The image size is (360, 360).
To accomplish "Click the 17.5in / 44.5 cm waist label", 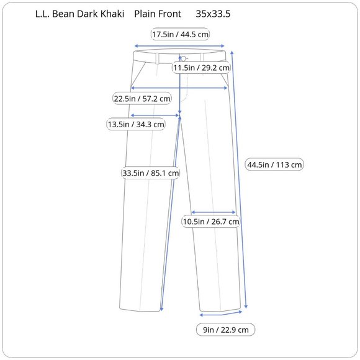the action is pos(180,34).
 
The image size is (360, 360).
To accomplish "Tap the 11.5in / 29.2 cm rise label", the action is pos(201,68).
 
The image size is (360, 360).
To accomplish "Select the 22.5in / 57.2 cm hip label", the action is pos(142,99).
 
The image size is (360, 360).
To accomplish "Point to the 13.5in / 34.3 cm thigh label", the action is pos(136,124).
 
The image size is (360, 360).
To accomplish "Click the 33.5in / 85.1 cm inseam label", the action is pos(151,173).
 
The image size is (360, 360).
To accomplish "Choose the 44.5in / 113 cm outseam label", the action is pos(274,164).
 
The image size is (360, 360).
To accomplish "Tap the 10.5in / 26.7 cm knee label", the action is pos(211,222).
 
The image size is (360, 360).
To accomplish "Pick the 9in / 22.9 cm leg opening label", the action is pos(226,330).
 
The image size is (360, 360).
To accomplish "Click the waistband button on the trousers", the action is pos(184,59).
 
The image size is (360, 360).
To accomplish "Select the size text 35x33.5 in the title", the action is pos(213,14).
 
